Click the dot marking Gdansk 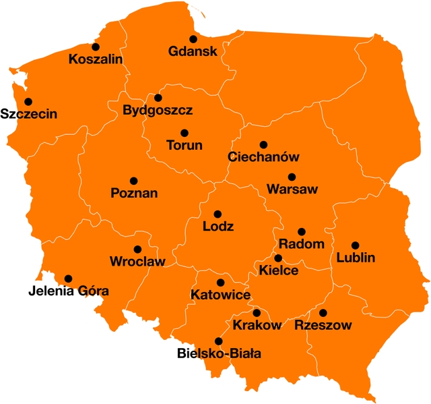193,39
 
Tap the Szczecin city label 28,114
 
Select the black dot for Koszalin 96,47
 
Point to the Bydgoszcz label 158,110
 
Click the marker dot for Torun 185,133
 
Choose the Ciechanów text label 263,157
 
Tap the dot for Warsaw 292,177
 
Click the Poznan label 134,194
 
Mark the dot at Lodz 218,214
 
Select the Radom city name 301,244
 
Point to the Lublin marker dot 355,246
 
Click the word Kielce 278,270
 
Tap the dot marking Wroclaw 137,250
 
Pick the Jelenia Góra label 69,291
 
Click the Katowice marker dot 220,283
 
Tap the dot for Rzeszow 323,313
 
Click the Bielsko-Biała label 219,353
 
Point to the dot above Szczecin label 28,102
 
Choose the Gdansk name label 193,52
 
